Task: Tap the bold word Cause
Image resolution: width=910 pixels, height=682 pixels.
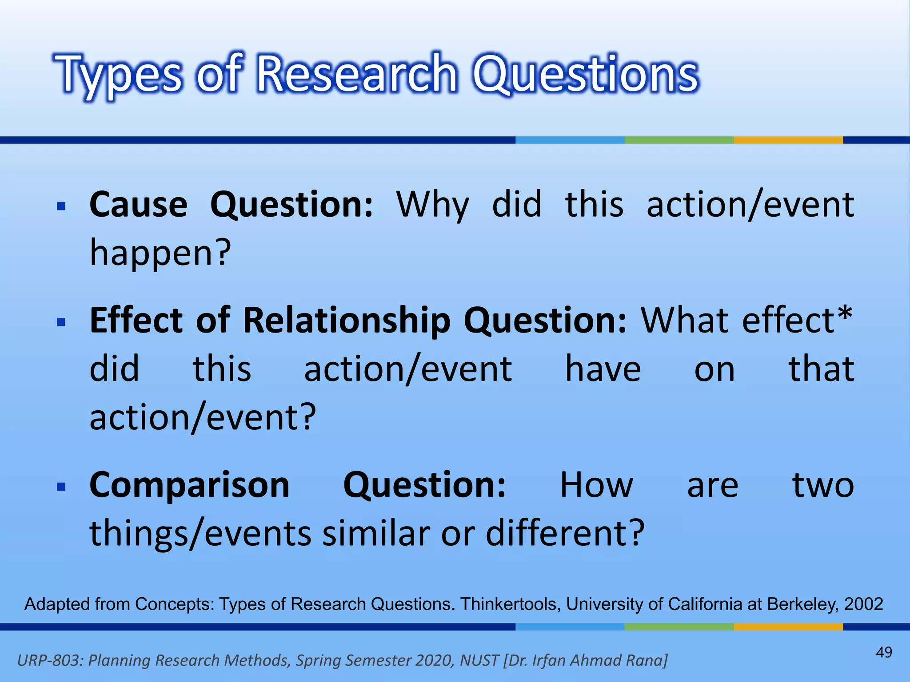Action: point(138,205)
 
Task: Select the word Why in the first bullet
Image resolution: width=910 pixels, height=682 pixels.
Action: point(432,205)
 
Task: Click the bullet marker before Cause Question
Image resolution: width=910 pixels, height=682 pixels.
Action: point(61,206)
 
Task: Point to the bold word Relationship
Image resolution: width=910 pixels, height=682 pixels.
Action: point(347,320)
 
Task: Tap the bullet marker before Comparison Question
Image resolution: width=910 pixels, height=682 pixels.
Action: point(61,487)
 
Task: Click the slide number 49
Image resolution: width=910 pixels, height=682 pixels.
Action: point(884,652)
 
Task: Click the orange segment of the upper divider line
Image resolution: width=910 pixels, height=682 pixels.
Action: point(788,140)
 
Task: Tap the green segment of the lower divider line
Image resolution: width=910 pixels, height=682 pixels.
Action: point(679,627)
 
